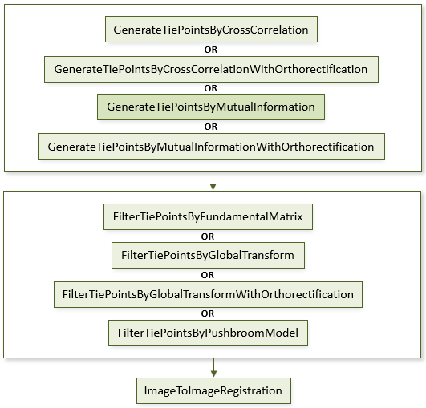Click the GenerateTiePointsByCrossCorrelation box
coord(211,30)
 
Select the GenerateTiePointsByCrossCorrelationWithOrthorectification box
coord(211,69)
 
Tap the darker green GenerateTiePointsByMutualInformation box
coord(211,107)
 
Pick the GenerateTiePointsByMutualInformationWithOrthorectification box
coord(211,147)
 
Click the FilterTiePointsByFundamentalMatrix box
coord(208,217)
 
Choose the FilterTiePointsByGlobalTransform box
coord(208,256)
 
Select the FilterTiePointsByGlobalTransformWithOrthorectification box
coord(208,294)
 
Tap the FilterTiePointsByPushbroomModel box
coord(208,333)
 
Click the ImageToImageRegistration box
coord(214,390)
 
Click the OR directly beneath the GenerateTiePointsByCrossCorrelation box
coord(211,50)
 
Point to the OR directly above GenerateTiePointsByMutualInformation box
coord(211,88)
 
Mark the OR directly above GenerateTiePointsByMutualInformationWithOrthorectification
coord(211,127)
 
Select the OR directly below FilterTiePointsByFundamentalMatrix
coord(208,236)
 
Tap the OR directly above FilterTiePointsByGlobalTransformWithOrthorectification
coord(208,275)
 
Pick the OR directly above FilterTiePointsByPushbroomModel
coord(208,313)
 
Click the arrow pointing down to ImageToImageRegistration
coord(214,368)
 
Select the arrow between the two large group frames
coord(213,181)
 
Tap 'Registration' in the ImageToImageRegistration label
coord(251,391)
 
